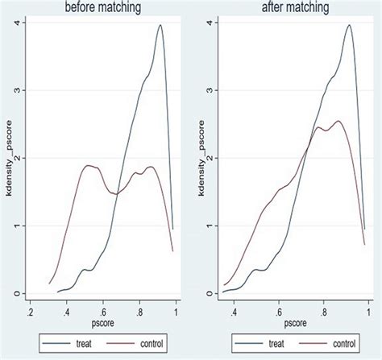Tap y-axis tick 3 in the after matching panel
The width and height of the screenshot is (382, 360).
(x=210, y=91)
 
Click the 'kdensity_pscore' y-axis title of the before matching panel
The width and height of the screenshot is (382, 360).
(x=6, y=158)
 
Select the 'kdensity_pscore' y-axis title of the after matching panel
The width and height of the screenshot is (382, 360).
(x=198, y=158)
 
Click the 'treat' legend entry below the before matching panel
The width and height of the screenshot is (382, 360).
(x=78, y=345)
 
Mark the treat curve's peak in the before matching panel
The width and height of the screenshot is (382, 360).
(x=160, y=25)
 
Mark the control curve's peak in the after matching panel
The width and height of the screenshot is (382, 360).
(x=338, y=122)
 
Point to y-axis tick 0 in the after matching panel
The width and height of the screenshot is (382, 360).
(x=210, y=293)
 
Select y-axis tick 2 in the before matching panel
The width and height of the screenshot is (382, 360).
(x=17, y=159)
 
